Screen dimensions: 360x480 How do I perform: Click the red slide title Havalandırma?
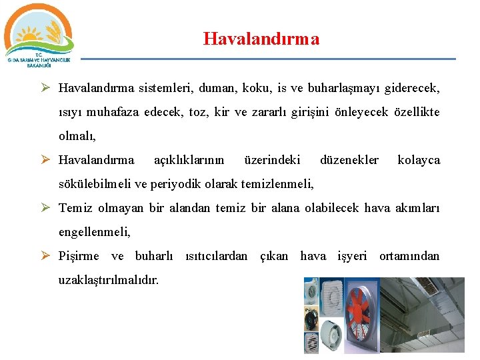tap(261, 39)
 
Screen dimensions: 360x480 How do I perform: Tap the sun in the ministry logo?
tap(29, 33)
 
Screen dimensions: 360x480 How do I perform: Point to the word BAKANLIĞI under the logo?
tap(39, 65)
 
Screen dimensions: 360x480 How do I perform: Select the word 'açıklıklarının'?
tap(189, 160)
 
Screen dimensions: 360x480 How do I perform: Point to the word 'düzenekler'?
tap(349, 160)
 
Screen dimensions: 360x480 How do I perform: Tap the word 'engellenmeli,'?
tap(95, 232)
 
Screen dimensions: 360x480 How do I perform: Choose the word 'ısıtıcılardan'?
tap(215, 256)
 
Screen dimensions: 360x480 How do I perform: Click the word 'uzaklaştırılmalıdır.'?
tap(109, 280)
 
